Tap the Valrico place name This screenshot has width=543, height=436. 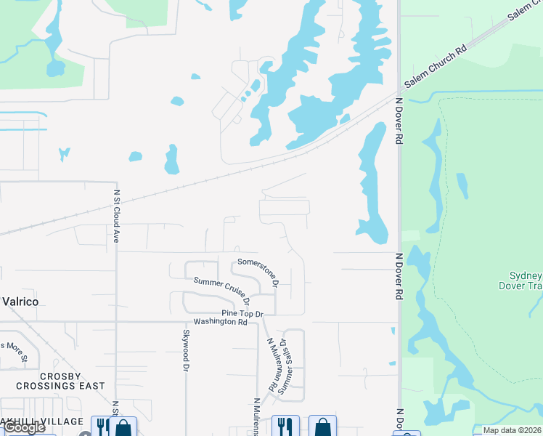[20, 301]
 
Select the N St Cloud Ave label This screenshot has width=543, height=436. [116, 217]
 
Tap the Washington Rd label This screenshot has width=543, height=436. [220, 321]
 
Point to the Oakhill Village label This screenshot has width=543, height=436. [42, 421]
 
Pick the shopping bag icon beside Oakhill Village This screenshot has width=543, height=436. [123, 427]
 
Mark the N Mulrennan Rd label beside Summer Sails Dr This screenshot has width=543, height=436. [273, 365]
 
